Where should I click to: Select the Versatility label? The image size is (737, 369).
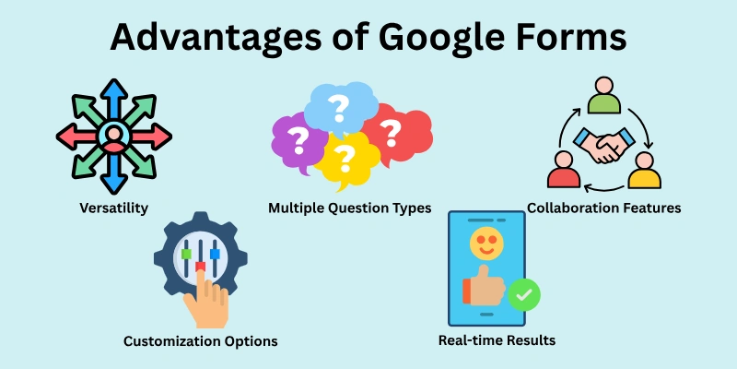click(x=113, y=208)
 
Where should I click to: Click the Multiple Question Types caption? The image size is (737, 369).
click(x=349, y=208)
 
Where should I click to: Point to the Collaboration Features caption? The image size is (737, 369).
click(x=603, y=208)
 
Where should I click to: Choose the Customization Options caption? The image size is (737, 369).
click(x=201, y=341)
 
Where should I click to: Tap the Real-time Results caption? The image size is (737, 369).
click(x=497, y=340)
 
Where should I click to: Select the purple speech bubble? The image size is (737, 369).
click(x=297, y=143)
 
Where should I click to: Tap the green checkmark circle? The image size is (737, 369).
click(x=523, y=295)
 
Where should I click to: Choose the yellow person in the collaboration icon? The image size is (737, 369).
click(x=645, y=172)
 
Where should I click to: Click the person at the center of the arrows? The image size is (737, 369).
click(x=113, y=137)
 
